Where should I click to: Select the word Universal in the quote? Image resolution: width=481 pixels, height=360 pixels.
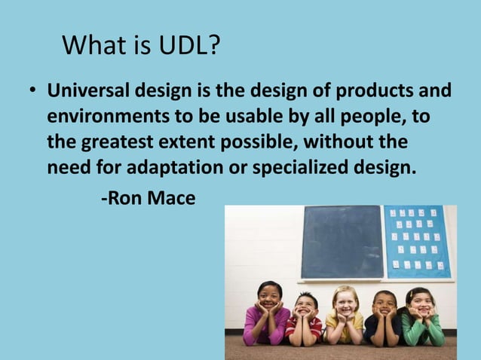point(89,93)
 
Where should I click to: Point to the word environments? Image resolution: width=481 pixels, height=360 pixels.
point(102,117)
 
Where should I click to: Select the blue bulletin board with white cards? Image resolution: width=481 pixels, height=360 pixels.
point(416,240)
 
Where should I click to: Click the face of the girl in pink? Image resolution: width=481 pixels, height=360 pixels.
point(268,296)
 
